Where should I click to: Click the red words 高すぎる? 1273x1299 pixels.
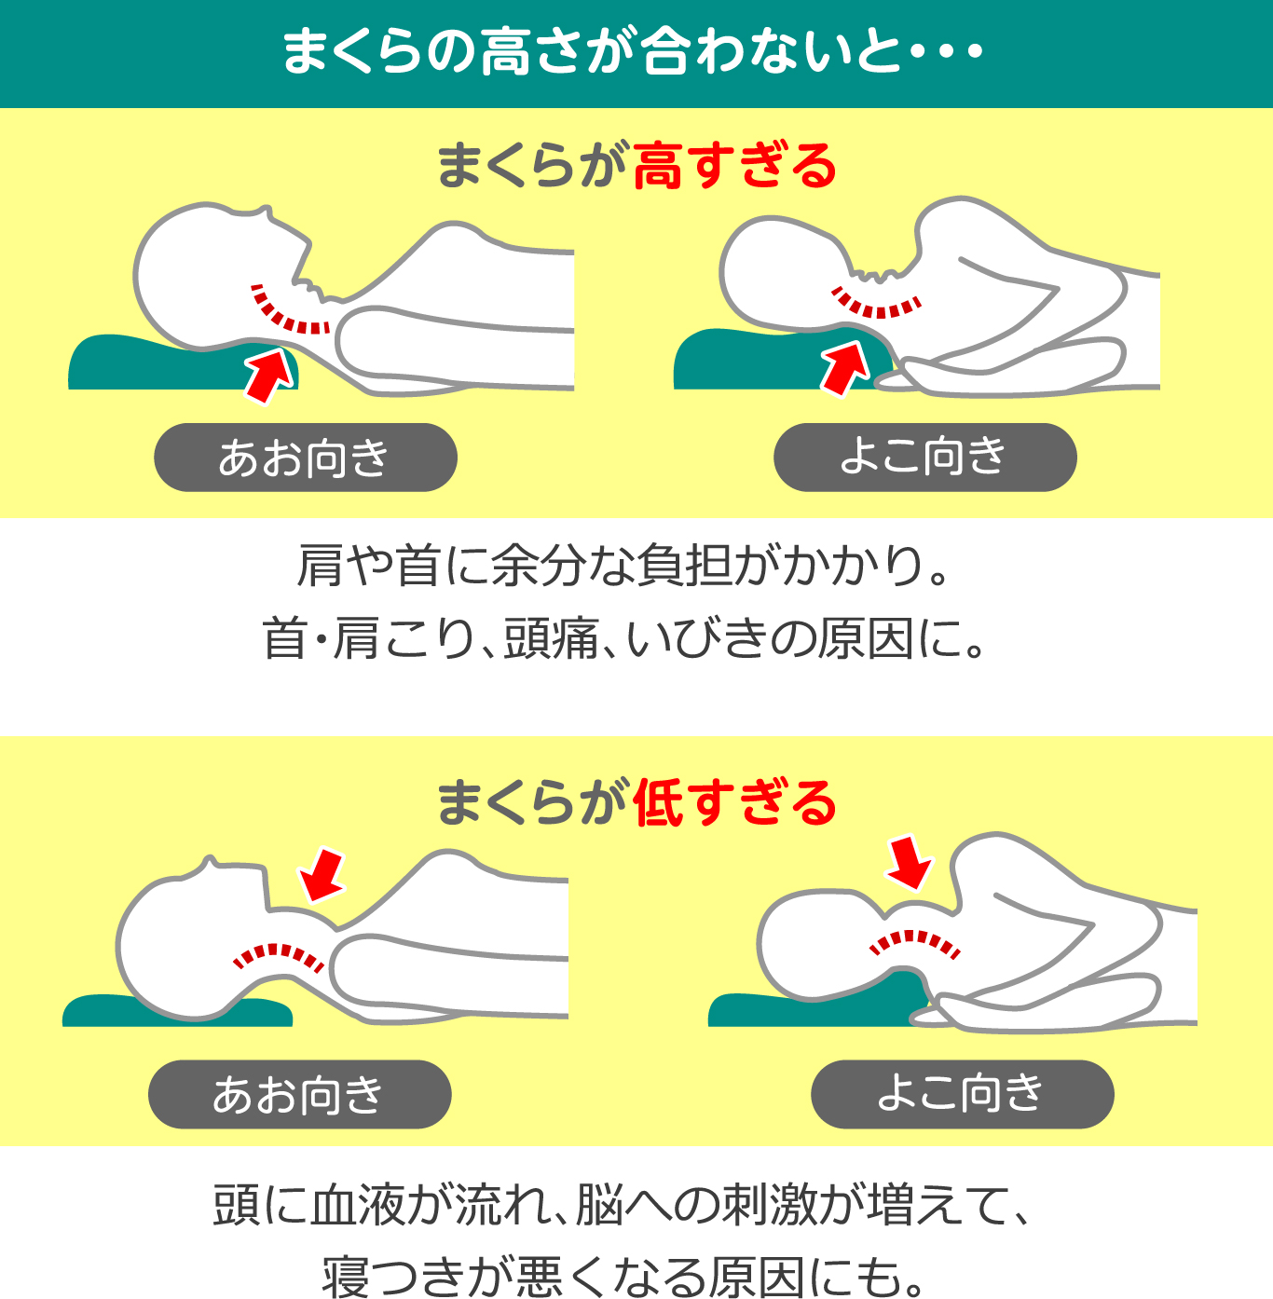(734, 167)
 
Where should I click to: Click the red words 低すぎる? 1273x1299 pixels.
(734, 803)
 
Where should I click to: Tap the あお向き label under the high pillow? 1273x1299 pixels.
(305, 458)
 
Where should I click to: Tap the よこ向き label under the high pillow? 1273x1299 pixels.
(924, 457)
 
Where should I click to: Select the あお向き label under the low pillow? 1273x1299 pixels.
(299, 1094)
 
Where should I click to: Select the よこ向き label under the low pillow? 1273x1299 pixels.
(962, 1093)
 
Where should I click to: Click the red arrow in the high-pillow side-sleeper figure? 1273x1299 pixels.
(845, 366)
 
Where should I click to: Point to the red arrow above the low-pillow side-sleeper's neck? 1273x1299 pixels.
(910, 862)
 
